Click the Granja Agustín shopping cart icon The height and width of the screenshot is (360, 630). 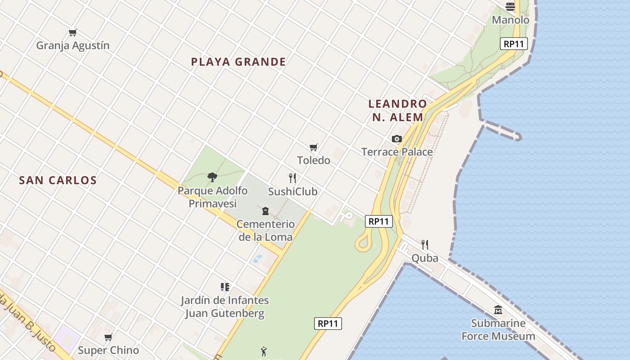click(x=73, y=32)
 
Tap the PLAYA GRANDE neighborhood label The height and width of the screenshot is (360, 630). click(x=238, y=62)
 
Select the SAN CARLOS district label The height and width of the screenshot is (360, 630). click(x=58, y=180)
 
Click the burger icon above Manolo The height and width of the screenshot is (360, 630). click(x=510, y=6)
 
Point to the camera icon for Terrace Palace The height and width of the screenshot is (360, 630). click(x=396, y=139)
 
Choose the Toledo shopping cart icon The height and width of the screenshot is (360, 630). click(x=314, y=147)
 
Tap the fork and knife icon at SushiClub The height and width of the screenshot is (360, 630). click(x=292, y=178)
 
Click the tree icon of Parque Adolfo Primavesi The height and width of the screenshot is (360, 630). click(x=212, y=177)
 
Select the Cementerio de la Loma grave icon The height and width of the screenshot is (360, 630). click(x=265, y=211)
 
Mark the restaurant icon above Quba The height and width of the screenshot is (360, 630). click(x=425, y=244)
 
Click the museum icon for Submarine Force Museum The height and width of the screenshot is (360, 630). click(x=498, y=310)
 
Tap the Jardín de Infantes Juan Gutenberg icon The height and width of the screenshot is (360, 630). click(x=225, y=287)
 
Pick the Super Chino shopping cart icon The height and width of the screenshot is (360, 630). click(x=108, y=337)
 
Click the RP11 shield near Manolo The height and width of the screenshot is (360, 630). click(x=513, y=44)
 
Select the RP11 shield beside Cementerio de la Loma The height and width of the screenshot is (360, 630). click(x=378, y=221)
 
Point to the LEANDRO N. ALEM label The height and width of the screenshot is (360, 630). click(x=396, y=110)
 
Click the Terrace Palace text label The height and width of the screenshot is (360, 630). click(x=397, y=152)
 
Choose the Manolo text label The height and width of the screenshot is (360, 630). click(x=510, y=20)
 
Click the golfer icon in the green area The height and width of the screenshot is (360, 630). click(x=264, y=351)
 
